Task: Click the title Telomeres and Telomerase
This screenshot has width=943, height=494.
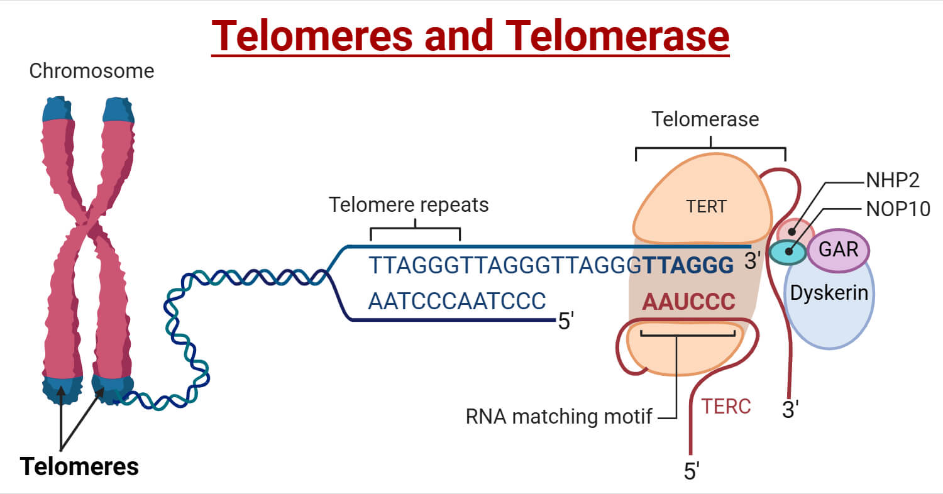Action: [x=470, y=36]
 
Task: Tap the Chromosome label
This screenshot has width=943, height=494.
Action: [x=92, y=71]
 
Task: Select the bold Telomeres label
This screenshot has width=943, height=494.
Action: [x=79, y=466]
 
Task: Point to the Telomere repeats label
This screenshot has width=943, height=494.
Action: [x=409, y=205]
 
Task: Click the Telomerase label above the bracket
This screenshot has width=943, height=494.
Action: [x=705, y=119]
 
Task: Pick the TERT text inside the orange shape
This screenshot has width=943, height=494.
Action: [x=706, y=207]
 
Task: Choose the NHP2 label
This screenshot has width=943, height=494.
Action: [x=893, y=180]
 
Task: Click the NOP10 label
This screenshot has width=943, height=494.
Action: [x=898, y=209]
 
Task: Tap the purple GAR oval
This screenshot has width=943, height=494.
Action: [x=838, y=250]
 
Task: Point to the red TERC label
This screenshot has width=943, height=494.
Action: [x=726, y=407]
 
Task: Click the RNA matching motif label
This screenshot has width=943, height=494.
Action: [x=559, y=416]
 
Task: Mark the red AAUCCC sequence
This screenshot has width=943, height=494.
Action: [x=688, y=302]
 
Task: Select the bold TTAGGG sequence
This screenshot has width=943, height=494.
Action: [x=688, y=266]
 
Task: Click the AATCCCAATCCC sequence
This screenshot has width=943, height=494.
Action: [x=456, y=301]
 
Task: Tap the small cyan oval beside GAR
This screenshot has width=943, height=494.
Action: [x=788, y=253]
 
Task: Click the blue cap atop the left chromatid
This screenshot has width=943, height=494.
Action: [x=57, y=109]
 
